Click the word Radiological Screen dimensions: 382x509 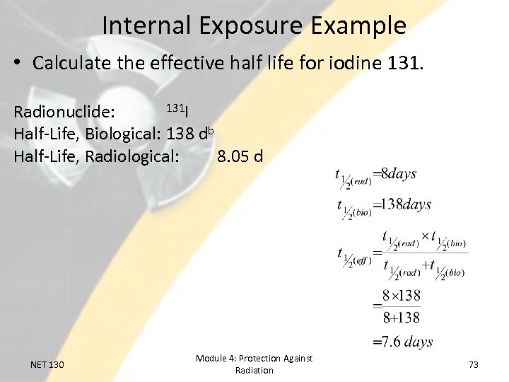tap(131, 155)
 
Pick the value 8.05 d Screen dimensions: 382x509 tap(240, 155)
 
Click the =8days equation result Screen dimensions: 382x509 tap(394, 173)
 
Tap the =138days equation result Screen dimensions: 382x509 tap(402, 204)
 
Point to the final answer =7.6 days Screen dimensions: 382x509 tap(403, 342)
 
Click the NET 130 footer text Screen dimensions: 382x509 tap(47, 364)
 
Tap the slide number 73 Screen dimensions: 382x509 tap(474, 364)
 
